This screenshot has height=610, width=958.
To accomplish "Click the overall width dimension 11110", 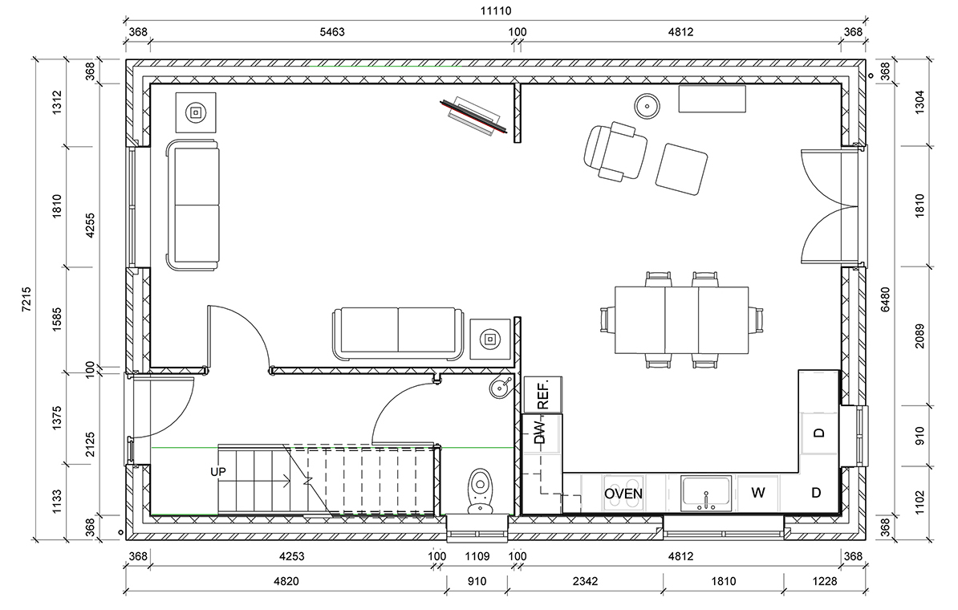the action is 496,10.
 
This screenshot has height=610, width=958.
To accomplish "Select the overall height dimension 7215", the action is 26,299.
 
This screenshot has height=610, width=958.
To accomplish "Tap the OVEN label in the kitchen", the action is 623,494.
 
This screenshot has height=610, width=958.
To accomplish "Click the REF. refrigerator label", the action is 543,394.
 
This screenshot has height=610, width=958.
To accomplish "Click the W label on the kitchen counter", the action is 758,493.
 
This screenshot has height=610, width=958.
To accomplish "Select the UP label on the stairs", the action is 218,472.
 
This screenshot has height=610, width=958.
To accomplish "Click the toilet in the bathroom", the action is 481,491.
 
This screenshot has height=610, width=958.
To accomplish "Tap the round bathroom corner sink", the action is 501,386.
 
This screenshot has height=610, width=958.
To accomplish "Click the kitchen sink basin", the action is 706,493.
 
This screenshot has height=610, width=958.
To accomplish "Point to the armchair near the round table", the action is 615,151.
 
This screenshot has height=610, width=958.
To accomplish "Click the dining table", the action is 681,321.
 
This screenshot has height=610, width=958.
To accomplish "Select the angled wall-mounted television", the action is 474,116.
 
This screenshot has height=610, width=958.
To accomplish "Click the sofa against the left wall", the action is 193,205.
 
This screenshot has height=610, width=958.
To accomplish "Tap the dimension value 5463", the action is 332,32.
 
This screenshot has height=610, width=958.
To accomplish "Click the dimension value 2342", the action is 585,581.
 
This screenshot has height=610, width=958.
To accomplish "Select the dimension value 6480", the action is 885,299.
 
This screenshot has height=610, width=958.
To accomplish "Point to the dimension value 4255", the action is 91,225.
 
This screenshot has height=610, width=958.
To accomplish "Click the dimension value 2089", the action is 919,336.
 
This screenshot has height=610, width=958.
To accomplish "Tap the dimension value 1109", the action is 477,556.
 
